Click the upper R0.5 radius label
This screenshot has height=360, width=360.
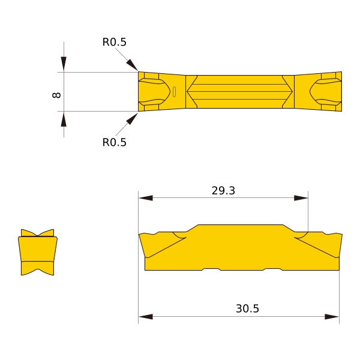coord(115,42)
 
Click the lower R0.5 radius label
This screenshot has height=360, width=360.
coord(115,142)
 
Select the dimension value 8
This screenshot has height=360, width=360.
coord(56,95)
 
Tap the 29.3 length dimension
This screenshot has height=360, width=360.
coord(223,191)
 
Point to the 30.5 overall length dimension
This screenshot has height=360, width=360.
coord(247,308)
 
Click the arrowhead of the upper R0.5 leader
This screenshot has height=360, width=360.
coord(132,65)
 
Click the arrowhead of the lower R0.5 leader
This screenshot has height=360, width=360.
coord(132,119)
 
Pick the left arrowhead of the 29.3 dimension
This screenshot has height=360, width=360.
coord(146,198)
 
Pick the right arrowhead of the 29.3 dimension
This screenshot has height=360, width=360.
coord(301,198)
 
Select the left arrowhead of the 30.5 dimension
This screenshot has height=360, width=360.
coord(146,317)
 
